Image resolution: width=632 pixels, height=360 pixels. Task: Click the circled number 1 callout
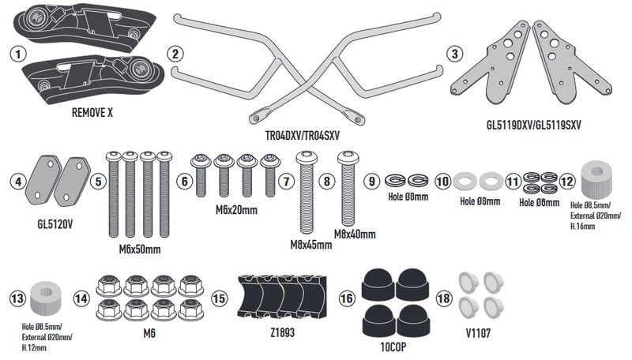(x=17, y=54)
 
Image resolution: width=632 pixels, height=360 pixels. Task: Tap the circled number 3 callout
(x=455, y=54)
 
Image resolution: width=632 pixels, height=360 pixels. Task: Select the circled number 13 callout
(x=17, y=298)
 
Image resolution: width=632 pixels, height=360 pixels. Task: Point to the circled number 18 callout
(x=443, y=298)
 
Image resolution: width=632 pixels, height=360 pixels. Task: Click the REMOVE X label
(x=92, y=113)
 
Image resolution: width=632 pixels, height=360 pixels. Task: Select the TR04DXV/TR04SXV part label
(x=303, y=135)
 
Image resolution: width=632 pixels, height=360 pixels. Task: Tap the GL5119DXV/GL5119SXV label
(x=534, y=126)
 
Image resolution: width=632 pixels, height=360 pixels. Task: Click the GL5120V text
(x=55, y=224)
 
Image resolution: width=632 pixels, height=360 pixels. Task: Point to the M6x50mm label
(x=140, y=249)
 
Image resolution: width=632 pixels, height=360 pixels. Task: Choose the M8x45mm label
(x=311, y=245)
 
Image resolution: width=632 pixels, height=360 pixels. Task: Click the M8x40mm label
(x=355, y=234)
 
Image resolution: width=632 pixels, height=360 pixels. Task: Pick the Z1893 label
(x=283, y=332)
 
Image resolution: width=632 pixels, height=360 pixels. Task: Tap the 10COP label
(x=393, y=347)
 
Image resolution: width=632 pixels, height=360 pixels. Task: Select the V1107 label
(x=478, y=333)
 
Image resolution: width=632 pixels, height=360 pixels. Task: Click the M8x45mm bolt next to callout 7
(x=307, y=192)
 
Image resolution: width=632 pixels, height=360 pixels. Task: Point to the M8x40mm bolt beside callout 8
(x=348, y=189)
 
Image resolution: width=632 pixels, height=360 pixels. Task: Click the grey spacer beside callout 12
(x=596, y=179)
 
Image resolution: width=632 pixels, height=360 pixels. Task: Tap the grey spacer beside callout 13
(x=46, y=298)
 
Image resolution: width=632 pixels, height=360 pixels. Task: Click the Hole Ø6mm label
(x=540, y=203)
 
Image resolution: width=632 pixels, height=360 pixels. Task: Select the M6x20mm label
(x=236, y=210)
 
